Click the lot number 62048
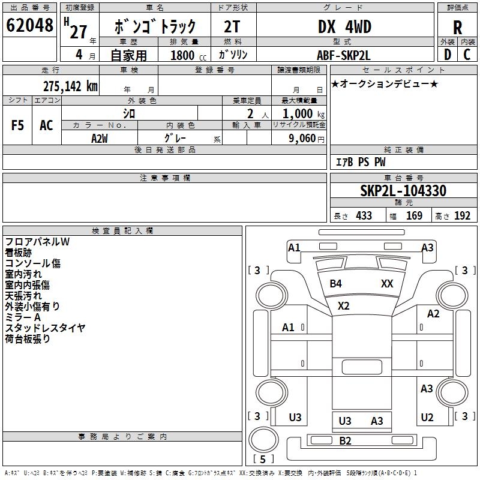(x=29, y=25)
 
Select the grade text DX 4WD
(x=344, y=26)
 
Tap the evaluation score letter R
(x=457, y=27)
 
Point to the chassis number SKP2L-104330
(x=403, y=191)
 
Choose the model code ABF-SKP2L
(x=344, y=55)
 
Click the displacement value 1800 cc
(x=182, y=55)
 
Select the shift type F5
(x=18, y=125)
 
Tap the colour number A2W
(x=100, y=138)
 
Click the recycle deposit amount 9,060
(x=298, y=139)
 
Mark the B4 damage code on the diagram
(x=336, y=284)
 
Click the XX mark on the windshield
(x=387, y=284)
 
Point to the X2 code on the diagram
(x=343, y=305)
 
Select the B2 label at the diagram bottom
(x=345, y=441)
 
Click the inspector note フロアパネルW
(x=37, y=242)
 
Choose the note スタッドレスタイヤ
(x=45, y=328)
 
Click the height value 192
(x=463, y=216)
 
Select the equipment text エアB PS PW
(x=360, y=162)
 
